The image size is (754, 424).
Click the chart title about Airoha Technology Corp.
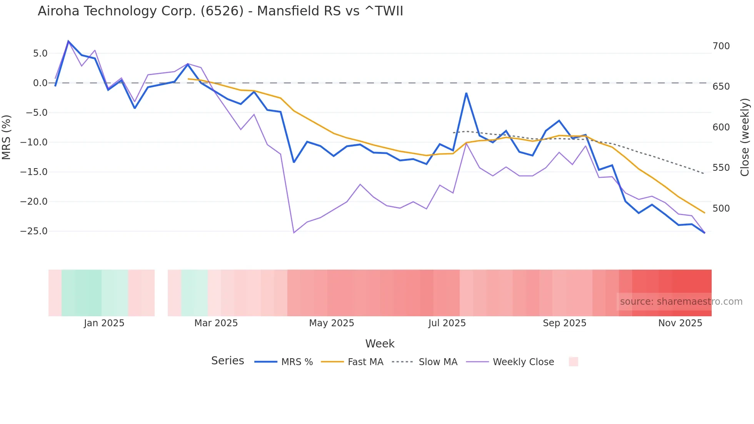tap(220, 11)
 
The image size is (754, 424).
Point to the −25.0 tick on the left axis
tap(34, 231)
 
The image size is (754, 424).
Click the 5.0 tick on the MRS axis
tap(40, 53)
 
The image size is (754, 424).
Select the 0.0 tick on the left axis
tap(40, 83)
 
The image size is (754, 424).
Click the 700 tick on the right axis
tap(721, 46)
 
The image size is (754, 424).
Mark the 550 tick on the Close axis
tap(721, 168)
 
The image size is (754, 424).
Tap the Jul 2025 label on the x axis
tap(447, 323)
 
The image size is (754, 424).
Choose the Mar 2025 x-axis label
tap(216, 323)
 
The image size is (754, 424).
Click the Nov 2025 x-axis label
tap(680, 323)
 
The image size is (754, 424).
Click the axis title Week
tap(380, 344)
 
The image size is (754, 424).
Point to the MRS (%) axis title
tap(7, 137)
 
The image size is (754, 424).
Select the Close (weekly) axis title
tap(745, 137)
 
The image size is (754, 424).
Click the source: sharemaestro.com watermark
tap(681, 302)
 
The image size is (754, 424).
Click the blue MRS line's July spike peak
tap(466, 93)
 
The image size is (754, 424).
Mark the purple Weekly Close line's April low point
tap(294, 233)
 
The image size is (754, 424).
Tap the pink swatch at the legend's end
tap(573, 362)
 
